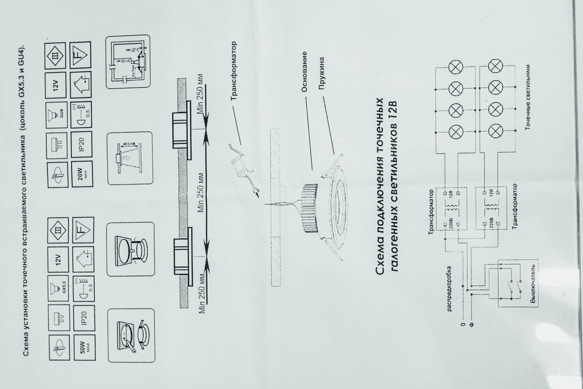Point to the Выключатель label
point(534,286)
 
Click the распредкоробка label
point(449,289)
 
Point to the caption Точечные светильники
point(528,103)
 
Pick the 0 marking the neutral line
point(463,324)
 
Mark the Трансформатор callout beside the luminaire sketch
point(234,72)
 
